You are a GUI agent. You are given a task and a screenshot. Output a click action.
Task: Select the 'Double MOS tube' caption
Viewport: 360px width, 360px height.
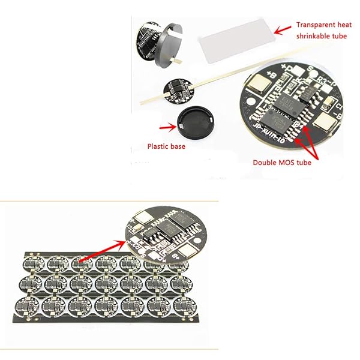[281, 163]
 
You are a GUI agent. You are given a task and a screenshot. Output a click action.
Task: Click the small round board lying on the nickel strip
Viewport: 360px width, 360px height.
[178, 88]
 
